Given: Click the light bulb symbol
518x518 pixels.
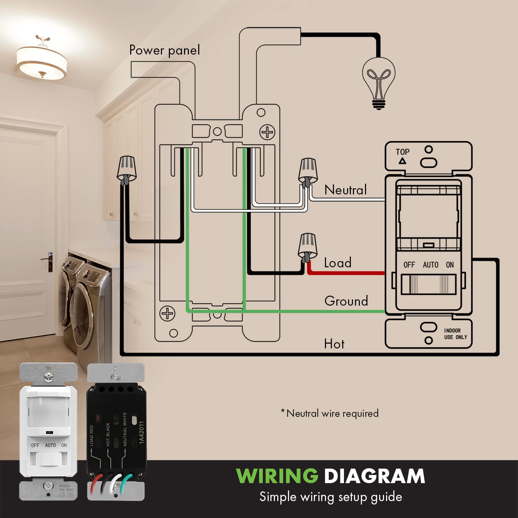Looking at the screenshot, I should pyautogui.click(x=378, y=83).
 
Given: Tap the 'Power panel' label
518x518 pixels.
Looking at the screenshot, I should pyautogui.click(x=164, y=50).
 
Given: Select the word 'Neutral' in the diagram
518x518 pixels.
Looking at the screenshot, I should pyautogui.click(x=345, y=190).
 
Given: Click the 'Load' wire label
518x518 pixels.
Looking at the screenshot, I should pyautogui.click(x=337, y=263).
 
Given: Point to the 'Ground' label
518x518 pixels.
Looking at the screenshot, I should pyautogui.click(x=346, y=301).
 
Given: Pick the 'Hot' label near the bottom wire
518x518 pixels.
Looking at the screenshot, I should pyautogui.click(x=334, y=344).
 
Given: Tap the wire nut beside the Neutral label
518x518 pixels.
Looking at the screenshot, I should pyautogui.click(x=308, y=172).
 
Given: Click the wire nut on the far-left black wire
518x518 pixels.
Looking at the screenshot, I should pyautogui.click(x=127, y=169).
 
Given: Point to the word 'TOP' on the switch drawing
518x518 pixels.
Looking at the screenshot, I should pyautogui.click(x=402, y=152).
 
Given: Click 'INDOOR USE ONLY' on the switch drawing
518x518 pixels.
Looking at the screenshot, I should pyautogui.click(x=455, y=334).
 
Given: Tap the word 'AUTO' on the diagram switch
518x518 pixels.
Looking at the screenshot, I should pyautogui.click(x=430, y=265).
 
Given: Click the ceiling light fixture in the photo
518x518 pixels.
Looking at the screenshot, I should pyautogui.click(x=41, y=61).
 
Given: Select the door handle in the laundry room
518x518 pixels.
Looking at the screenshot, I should pyautogui.click(x=49, y=259).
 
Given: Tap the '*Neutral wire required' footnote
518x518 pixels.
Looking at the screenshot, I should pyautogui.click(x=330, y=413).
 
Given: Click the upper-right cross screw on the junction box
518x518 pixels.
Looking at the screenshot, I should pyautogui.click(x=267, y=132).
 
